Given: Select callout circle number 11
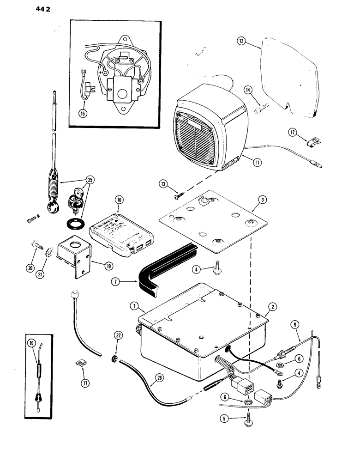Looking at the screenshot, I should [249, 161].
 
